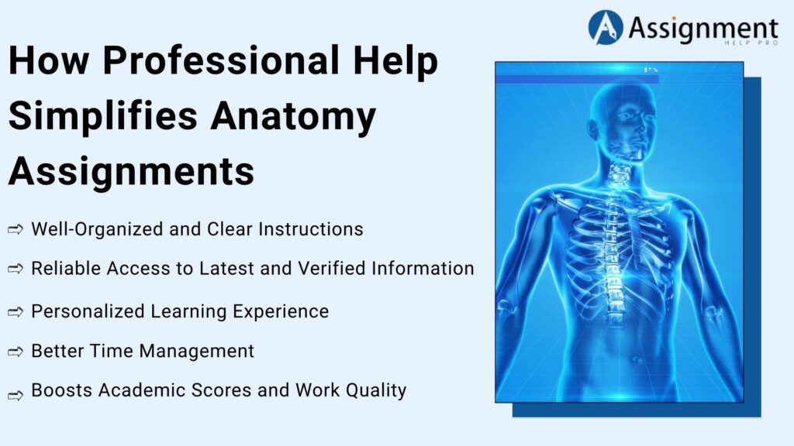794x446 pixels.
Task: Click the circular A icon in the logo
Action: pyautogui.click(x=606, y=27)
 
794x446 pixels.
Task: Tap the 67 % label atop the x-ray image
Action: pyautogui.click(x=650, y=70)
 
